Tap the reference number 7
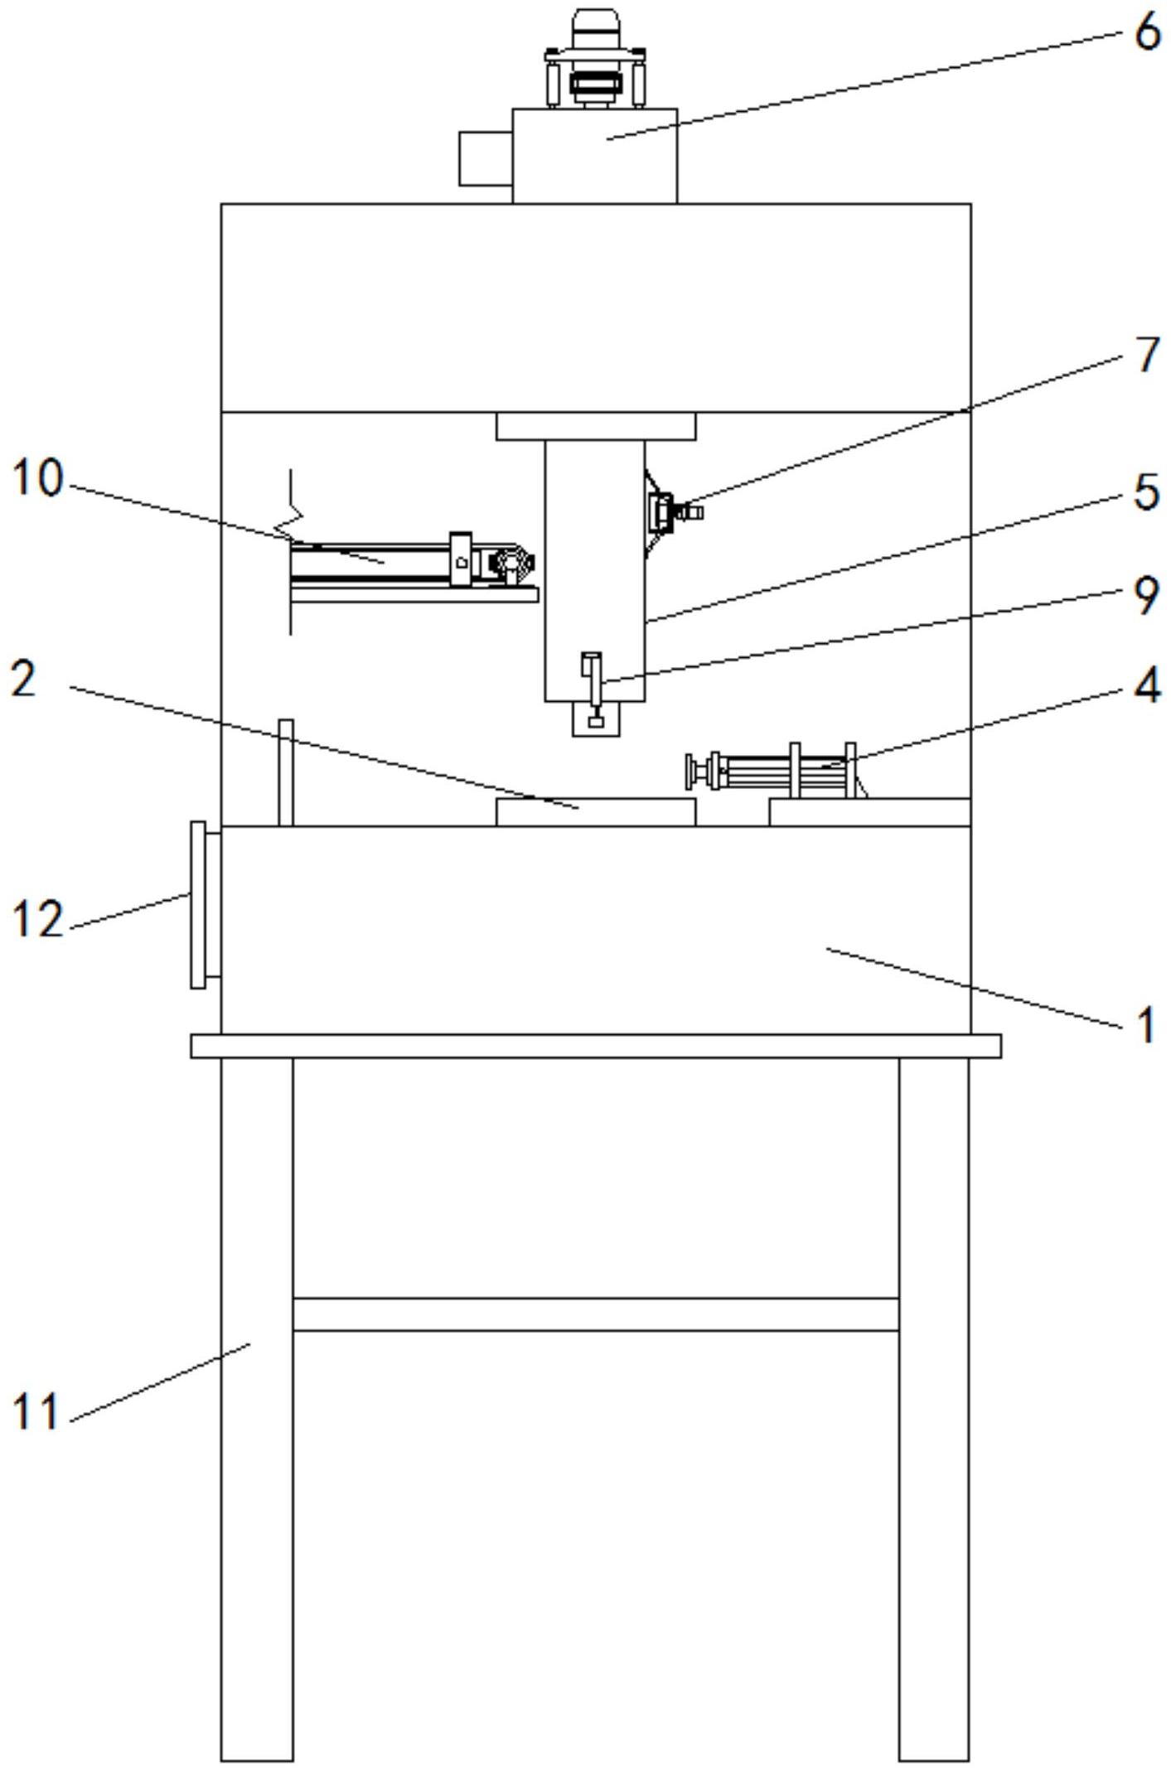click(x=1148, y=355)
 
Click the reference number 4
click(x=1147, y=685)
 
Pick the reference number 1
click(x=1147, y=1025)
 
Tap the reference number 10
click(x=37, y=478)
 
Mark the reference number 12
click(x=38, y=920)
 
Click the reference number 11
click(x=36, y=1411)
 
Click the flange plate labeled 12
click(x=199, y=904)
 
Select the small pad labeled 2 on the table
click(x=595, y=811)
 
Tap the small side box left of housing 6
click(x=485, y=157)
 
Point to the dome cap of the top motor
click(x=595, y=21)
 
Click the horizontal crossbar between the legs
click(x=595, y=1314)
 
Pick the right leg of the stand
click(x=933, y=1409)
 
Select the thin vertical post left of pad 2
click(x=286, y=772)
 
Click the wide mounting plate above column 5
click(x=595, y=426)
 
